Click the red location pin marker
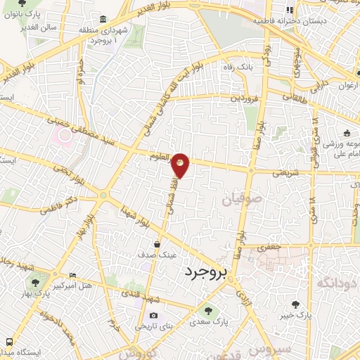coord(181,165)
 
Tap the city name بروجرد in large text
coord(209,272)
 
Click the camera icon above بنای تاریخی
coord(153,315)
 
